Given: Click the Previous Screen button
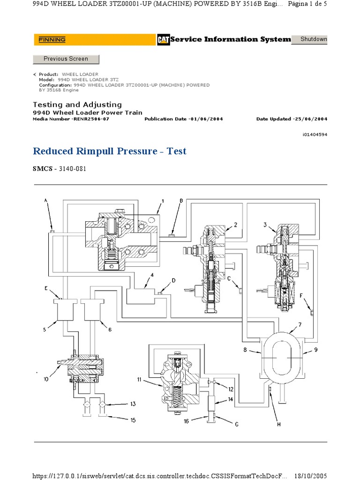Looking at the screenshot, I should tap(66, 59).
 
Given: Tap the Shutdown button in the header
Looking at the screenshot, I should tap(314, 39).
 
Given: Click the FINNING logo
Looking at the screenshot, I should tap(52, 40).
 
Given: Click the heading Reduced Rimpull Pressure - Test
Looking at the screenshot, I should tap(109, 151).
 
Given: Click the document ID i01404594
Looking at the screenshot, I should tap(315, 135).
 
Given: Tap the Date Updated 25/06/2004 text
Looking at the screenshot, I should tap(292, 119).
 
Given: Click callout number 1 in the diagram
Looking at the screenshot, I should tap(162, 201).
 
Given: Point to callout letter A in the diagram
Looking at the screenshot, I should tap(46, 200).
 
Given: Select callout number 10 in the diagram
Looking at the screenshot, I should tap(46, 380).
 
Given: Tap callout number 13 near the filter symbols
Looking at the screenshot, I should tap(133, 404).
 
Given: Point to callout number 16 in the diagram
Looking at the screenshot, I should tap(187, 421).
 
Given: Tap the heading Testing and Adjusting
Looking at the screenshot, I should tap(77, 105).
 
